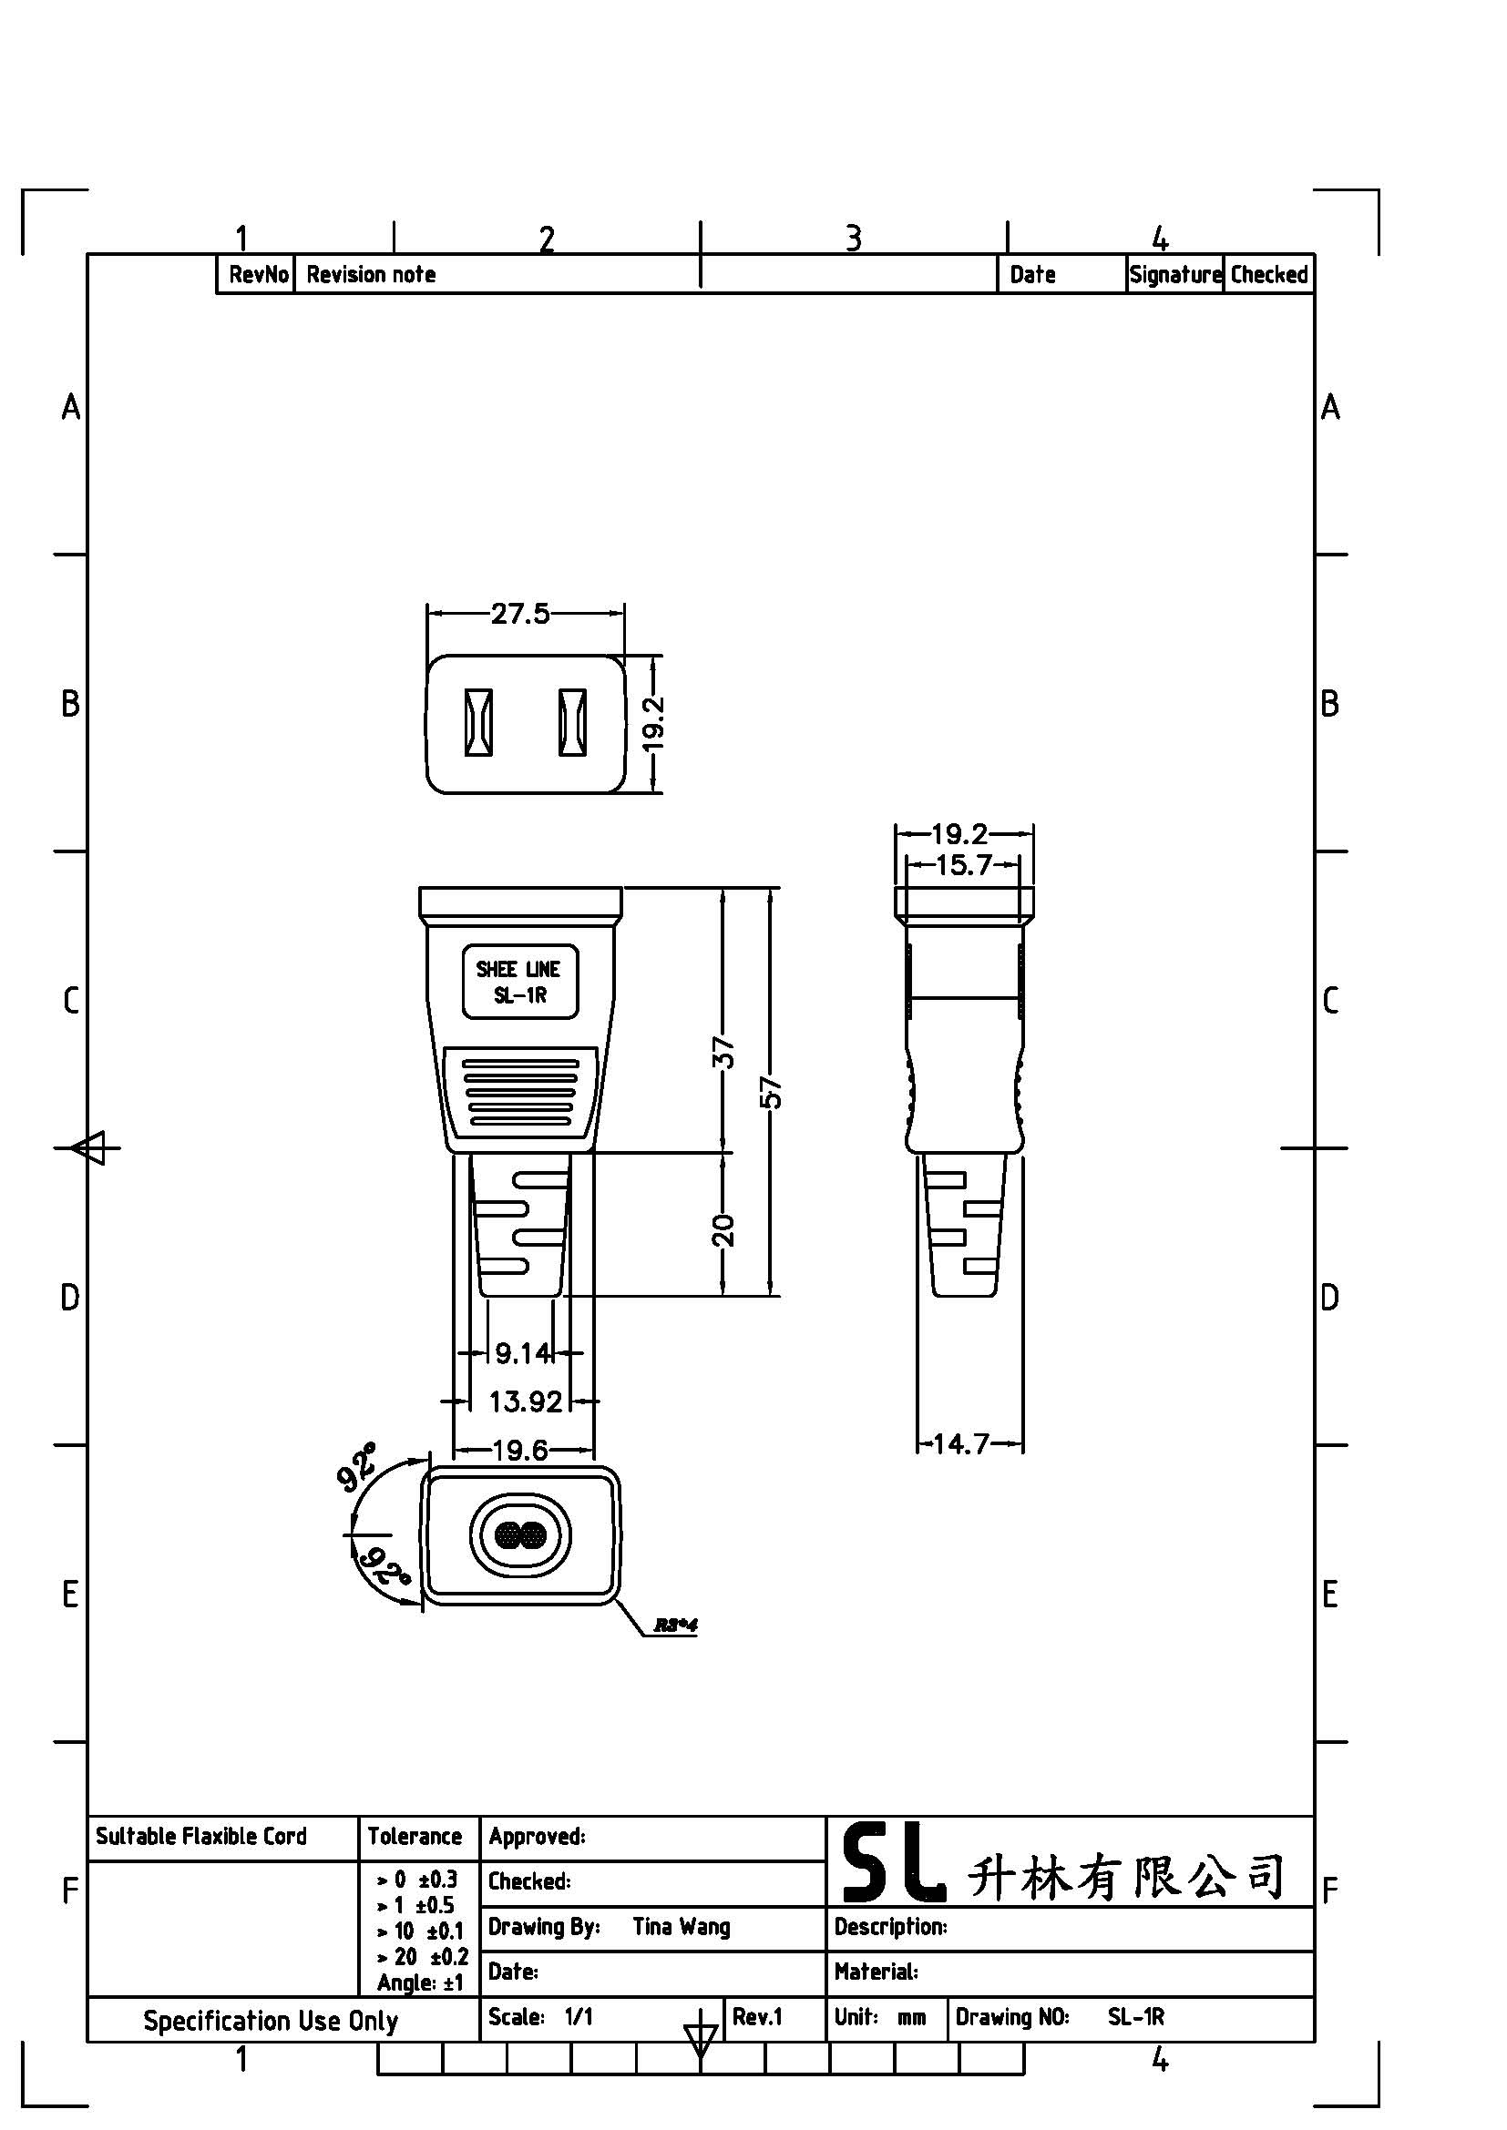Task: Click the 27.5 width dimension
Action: pyautogui.click(x=519, y=614)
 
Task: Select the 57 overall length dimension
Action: pyautogui.click(x=771, y=1093)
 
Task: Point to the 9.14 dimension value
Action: pyautogui.click(x=522, y=1353)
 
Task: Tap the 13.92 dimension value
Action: pyautogui.click(x=525, y=1401)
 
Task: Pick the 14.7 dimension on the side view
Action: pyautogui.click(x=960, y=1443)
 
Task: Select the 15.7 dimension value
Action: pyautogui.click(x=963, y=865)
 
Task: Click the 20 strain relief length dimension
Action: pyautogui.click(x=723, y=1229)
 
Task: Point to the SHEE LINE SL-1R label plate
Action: pyautogui.click(x=519, y=982)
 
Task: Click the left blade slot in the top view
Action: pyautogui.click(x=478, y=722)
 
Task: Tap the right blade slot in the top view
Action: pyautogui.click(x=572, y=722)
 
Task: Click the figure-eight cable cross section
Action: pyautogui.click(x=519, y=1537)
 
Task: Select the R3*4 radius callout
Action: pyautogui.click(x=675, y=1626)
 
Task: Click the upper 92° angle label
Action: pyautogui.click(x=357, y=1467)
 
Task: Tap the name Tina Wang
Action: pyautogui.click(x=682, y=1927)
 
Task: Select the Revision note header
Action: pyautogui.click(x=371, y=275)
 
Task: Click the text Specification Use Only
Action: pyautogui.click(x=270, y=2021)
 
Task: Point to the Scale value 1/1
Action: pyautogui.click(x=579, y=2017)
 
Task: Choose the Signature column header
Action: pyautogui.click(x=1174, y=275)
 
